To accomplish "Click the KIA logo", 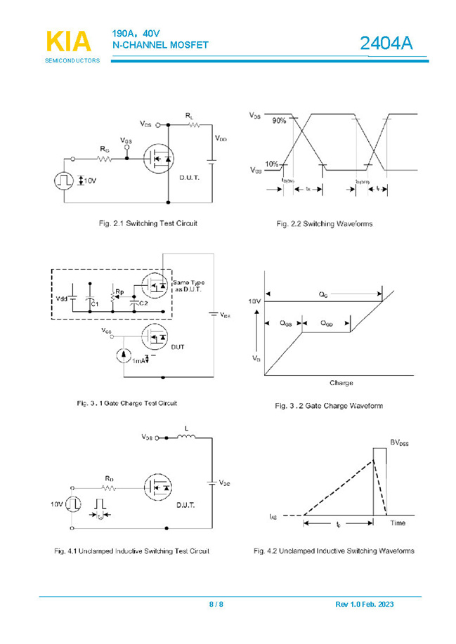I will tap(69, 42).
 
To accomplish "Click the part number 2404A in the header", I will tap(386, 44).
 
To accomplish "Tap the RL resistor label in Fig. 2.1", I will tap(190, 114).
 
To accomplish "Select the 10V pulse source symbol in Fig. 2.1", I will tap(64, 180).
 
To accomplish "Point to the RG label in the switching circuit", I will tap(104, 149).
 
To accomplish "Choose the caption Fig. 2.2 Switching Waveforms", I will tap(324, 224).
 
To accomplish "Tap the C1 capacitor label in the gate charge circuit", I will tap(96, 303).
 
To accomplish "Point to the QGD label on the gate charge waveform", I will tap(327, 324).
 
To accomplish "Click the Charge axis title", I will tap(341, 383).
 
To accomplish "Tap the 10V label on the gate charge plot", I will tap(252, 301).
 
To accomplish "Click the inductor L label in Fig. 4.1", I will tap(186, 428).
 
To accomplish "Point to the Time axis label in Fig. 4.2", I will tap(398, 523).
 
